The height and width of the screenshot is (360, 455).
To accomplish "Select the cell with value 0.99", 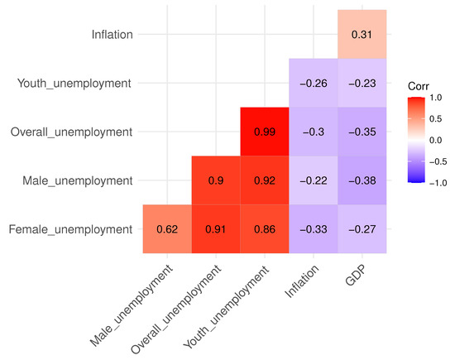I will pos(265,132).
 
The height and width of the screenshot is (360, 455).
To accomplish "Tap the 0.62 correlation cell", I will pos(167,228).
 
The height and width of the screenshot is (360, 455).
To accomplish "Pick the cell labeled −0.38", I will pos(362,180).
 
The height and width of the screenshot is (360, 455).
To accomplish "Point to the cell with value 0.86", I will pos(265,228).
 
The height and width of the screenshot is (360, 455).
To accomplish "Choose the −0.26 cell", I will pos(314,83).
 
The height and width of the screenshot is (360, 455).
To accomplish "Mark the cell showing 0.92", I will pos(265,180).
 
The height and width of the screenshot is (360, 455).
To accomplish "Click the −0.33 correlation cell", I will pos(314,228).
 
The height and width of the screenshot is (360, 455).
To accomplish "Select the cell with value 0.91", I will pos(216,228).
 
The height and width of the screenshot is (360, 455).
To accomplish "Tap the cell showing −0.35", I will pos(362,132).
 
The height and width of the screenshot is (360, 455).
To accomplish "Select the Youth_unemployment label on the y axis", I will pos(75,83).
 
